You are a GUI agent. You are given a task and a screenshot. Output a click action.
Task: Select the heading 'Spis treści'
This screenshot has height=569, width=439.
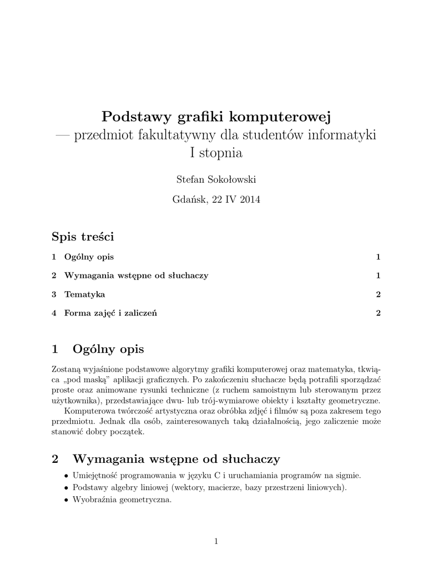point(83,237)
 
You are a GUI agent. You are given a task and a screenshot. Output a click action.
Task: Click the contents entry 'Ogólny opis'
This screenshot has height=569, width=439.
point(89,257)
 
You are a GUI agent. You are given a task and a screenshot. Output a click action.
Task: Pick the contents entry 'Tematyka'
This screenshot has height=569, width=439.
point(84,294)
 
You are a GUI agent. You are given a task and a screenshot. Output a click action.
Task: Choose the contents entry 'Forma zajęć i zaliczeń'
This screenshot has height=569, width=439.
point(110,313)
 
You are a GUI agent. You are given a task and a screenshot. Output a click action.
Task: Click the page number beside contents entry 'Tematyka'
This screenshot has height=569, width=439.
point(378,294)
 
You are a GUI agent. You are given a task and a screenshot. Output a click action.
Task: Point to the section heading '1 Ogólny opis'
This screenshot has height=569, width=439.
point(98,349)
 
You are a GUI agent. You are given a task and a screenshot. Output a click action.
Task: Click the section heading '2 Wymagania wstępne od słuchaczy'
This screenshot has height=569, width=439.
point(165,459)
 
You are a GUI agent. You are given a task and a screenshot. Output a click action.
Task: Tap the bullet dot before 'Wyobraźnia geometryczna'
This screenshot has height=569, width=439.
point(67,500)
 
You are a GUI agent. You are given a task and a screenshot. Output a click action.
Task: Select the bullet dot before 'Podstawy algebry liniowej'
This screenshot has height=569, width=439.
point(67,487)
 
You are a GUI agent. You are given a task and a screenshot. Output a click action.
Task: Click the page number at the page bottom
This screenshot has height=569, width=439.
point(216,542)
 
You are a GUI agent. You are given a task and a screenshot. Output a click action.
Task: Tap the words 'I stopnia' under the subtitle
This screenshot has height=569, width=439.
point(216,153)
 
